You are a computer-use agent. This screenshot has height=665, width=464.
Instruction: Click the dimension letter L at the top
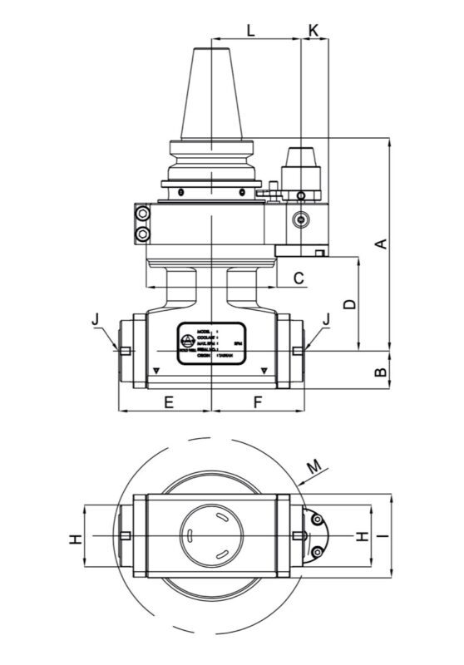click(251, 30)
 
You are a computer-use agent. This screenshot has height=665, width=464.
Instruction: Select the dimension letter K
click(313, 30)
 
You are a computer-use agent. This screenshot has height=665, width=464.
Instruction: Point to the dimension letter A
click(381, 244)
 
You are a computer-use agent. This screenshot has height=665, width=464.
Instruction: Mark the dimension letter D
click(350, 303)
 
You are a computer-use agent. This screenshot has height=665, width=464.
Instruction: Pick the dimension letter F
click(258, 402)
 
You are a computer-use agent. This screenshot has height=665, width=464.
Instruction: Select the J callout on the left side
click(96, 318)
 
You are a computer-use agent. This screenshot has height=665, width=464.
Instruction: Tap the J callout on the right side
click(326, 318)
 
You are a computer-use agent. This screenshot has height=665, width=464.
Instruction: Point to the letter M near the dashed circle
click(313, 468)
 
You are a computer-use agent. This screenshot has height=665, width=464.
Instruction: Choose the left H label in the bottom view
click(76, 539)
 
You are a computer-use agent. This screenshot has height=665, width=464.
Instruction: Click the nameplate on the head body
click(211, 340)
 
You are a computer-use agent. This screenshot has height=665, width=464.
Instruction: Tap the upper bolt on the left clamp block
click(146, 215)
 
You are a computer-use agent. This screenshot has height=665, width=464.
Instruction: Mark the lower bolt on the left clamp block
click(146, 234)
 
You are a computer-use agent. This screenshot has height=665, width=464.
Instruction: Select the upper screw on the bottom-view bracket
click(317, 520)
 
